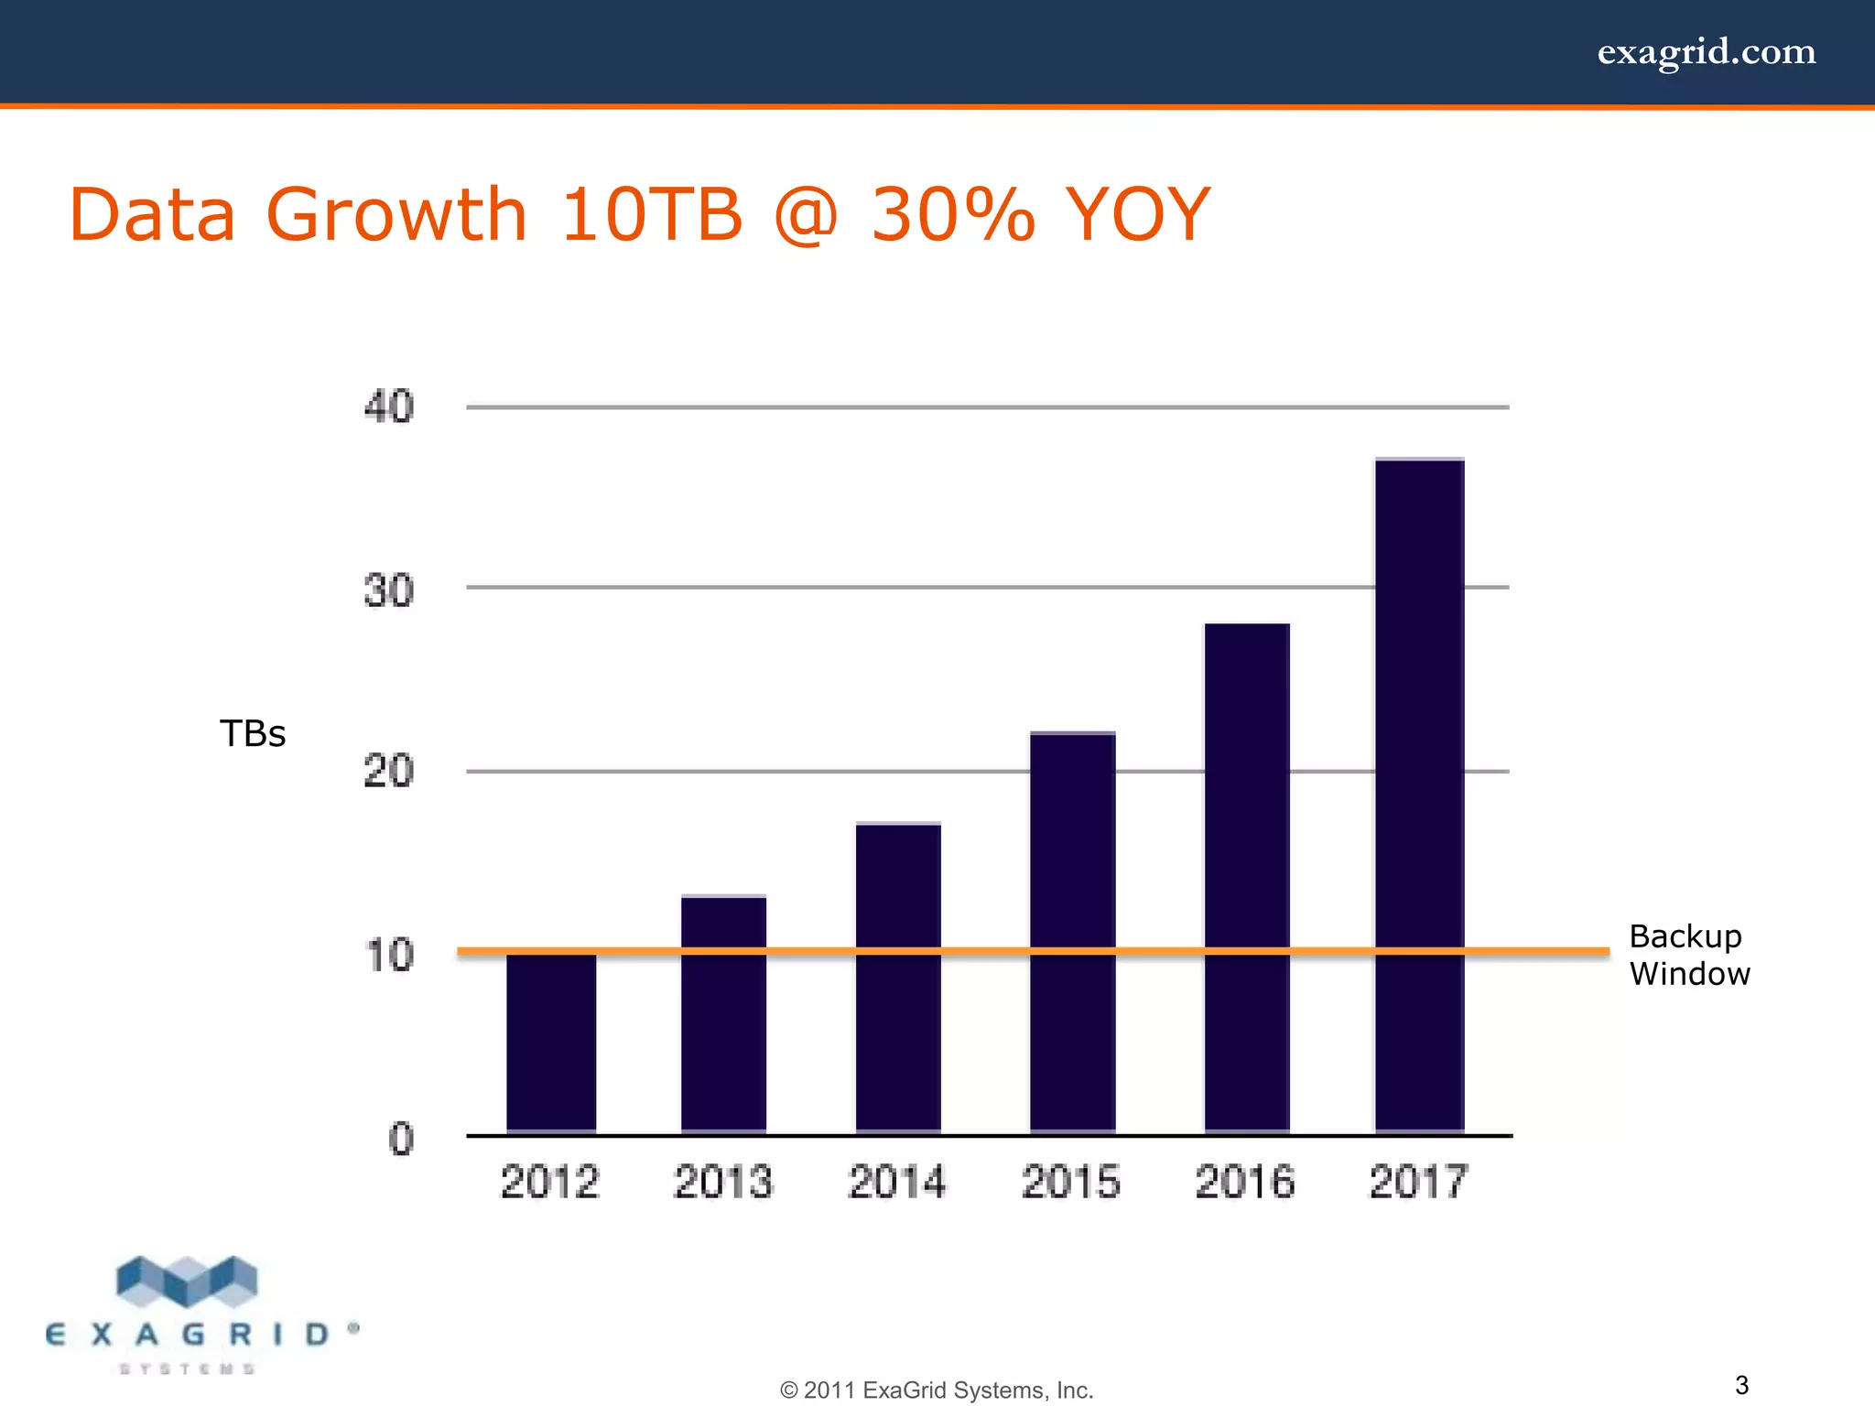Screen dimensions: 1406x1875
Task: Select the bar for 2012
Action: (x=551, y=1044)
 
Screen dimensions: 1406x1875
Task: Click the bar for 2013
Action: (x=723, y=1016)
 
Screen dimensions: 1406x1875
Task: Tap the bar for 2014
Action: (x=898, y=979)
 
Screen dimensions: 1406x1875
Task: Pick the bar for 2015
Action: (x=1072, y=934)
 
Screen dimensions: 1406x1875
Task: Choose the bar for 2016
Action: (x=1247, y=879)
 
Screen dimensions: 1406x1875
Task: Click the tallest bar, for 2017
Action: (x=1419, y=796)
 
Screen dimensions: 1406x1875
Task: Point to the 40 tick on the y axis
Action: (x=389, y=406)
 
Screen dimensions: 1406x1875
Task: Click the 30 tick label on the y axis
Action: (x=389, y=590)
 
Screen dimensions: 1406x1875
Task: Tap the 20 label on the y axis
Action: (x=389, y=772)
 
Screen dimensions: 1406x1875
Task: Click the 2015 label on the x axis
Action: (x=1071, y=1182)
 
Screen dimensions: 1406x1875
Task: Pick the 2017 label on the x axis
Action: (x=1418, y=1182)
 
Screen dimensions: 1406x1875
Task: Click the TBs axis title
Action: (x=253, y=734)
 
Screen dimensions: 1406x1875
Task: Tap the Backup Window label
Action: (x=1689, y=955)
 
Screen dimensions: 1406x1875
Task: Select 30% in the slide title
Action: (x=952, y=215)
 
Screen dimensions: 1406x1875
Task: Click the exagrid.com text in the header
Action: (x=1707, y=52)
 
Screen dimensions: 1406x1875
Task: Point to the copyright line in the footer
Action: (x=937, y=1390)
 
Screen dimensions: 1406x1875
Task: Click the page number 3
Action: (x=1741, y=1384)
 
